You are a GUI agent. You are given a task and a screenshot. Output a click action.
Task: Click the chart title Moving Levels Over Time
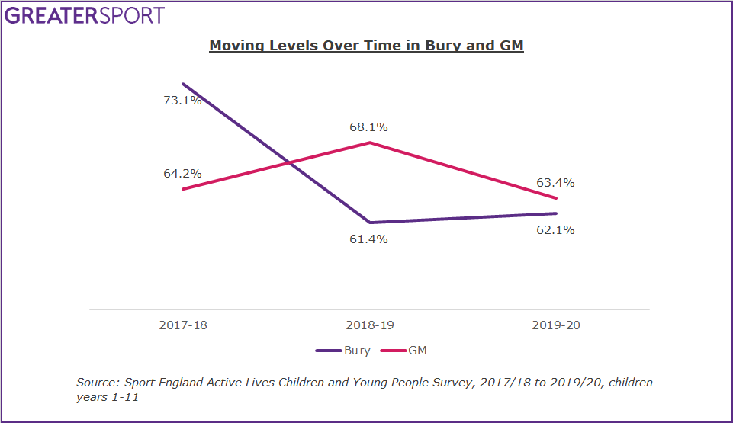[366, 46]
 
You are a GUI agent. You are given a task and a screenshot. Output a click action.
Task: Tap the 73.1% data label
[182, 100]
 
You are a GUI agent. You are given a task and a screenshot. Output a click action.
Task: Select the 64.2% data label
[182, 173]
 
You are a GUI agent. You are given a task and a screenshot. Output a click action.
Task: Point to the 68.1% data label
[370, 127]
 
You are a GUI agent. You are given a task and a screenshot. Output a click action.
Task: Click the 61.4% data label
[370, 239]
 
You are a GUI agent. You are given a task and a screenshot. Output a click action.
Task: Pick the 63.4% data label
[555, 183]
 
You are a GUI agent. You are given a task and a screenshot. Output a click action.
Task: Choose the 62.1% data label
[555, 229]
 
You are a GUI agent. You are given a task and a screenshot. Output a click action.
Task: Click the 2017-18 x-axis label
[183, 325]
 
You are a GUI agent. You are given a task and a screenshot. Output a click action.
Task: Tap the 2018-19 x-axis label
[370, 325]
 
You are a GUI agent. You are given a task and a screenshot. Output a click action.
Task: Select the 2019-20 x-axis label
[556, 325]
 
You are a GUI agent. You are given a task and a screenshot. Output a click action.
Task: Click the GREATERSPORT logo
[85, 15]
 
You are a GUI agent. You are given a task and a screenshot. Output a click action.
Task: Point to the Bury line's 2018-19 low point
[370, 223]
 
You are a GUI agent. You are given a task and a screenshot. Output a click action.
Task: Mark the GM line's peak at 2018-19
[370, 143]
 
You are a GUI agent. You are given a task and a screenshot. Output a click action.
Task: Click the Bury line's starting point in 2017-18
[183, 84]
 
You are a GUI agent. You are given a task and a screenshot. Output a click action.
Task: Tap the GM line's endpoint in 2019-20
[557, 198]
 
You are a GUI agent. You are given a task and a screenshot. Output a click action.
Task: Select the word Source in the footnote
[97, 383]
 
